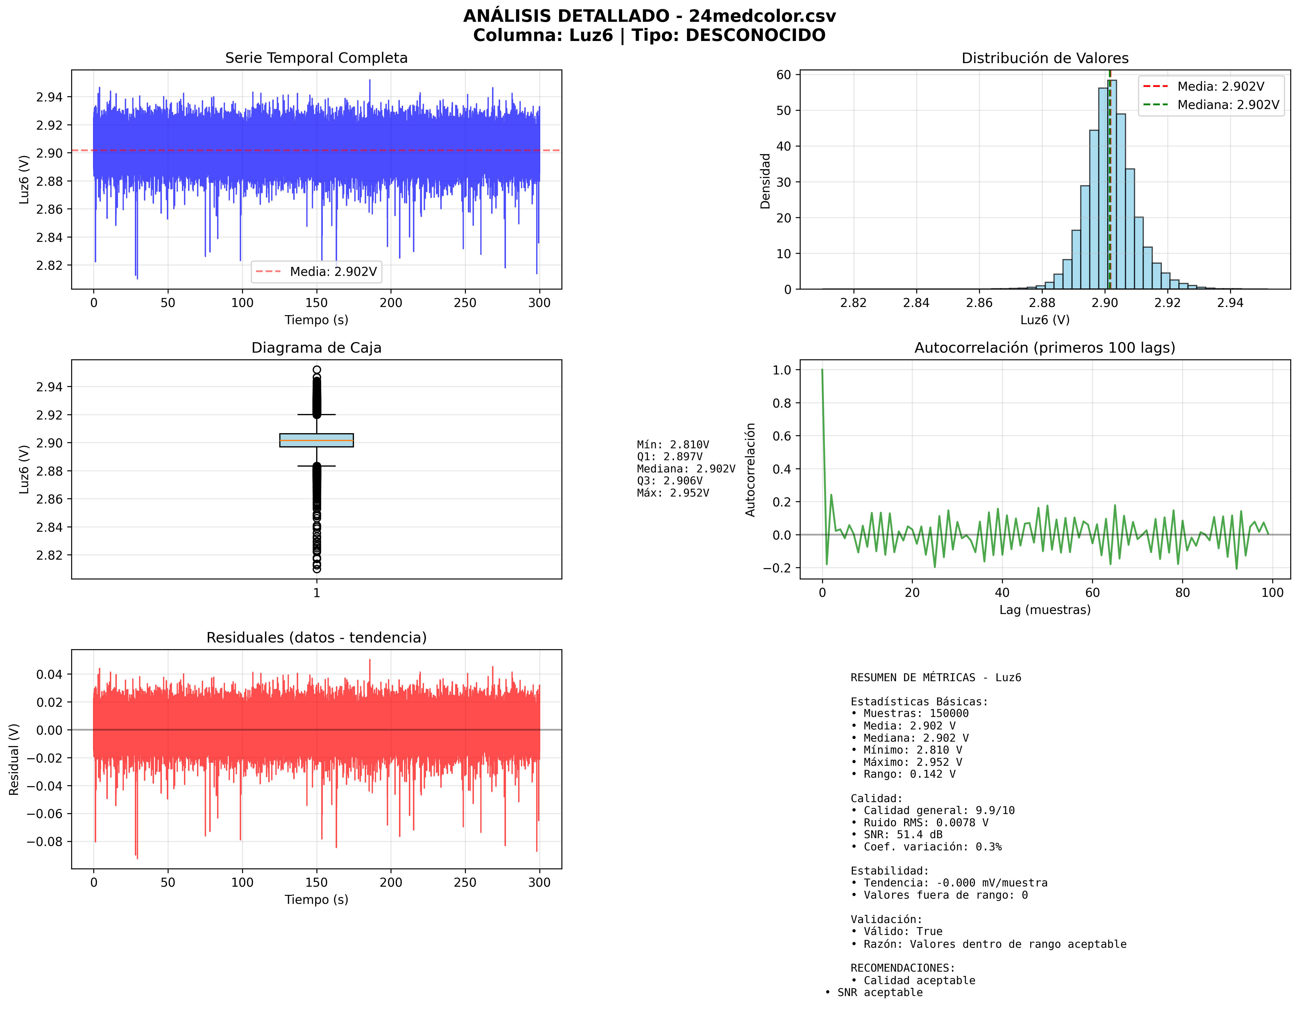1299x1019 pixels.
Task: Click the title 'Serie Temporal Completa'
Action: (x=316, y=58)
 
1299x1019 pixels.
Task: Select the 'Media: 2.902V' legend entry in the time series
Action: (x=333, y=272)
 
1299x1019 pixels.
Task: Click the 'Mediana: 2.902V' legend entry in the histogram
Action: (x=1228, y=105)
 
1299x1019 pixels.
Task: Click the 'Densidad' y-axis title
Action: (x=765, y=181)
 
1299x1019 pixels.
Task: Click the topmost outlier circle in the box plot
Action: (x=317, y=370)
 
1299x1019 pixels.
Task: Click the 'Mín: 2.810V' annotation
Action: (x=673, y=445)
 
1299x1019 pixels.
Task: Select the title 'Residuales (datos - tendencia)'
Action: (x=316, y=638)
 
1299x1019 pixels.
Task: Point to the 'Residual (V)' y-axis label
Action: (x=14, y=759)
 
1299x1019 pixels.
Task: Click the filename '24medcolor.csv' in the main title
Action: (x=762, y=16)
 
